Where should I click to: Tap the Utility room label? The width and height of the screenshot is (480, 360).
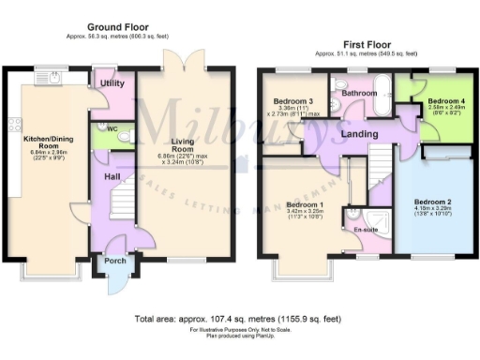pos(112,83)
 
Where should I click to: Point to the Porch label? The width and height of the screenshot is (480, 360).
pos(115,262)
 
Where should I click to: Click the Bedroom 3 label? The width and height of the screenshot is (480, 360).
pos(293,101)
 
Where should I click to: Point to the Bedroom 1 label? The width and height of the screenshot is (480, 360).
pos(306,204)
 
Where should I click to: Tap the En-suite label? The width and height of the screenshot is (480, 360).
pos(364,228)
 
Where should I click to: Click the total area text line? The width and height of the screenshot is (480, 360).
pos(239,319)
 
